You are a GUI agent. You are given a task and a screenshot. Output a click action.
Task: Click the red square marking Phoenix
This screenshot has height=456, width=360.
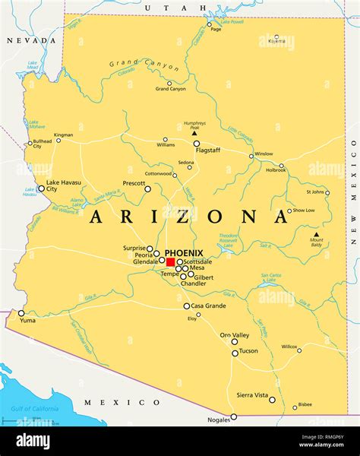click(x=170, y=261)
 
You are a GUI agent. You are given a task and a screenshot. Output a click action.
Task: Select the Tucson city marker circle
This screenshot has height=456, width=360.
click(x=235, y=353)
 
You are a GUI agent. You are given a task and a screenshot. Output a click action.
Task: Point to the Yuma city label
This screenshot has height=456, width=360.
click(x=28, y=321)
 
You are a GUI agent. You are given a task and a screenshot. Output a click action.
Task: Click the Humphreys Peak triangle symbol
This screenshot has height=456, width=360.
click(x=194, y=132)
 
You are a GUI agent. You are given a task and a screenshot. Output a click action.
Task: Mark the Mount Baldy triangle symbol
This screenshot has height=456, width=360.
click(x=317, y=234)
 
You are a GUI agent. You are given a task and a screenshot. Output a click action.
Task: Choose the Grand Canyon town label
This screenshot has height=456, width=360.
click(x=171, y=89)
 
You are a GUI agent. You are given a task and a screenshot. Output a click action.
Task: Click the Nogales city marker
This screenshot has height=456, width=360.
click(x=234, y=416)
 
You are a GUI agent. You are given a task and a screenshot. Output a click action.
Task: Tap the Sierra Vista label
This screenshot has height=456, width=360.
click(x=252, y=395)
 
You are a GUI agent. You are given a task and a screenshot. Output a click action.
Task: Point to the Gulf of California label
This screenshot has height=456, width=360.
click(x=34, y=409)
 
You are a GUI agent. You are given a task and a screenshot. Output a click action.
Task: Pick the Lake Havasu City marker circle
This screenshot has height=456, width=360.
click(x=41, y=188)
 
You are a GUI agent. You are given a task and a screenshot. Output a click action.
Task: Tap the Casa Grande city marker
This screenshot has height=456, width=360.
click(x=187, y=306)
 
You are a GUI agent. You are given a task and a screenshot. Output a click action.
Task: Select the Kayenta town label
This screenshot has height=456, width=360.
click(x=276, y=42)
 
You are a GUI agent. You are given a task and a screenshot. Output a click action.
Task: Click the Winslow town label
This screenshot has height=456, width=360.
click(x=264, y=154)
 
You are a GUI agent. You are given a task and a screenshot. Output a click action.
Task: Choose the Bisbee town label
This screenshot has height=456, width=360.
click(x=305, y=404)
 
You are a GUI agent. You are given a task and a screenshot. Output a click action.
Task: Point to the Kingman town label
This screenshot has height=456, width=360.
click(x=64, y=135)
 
